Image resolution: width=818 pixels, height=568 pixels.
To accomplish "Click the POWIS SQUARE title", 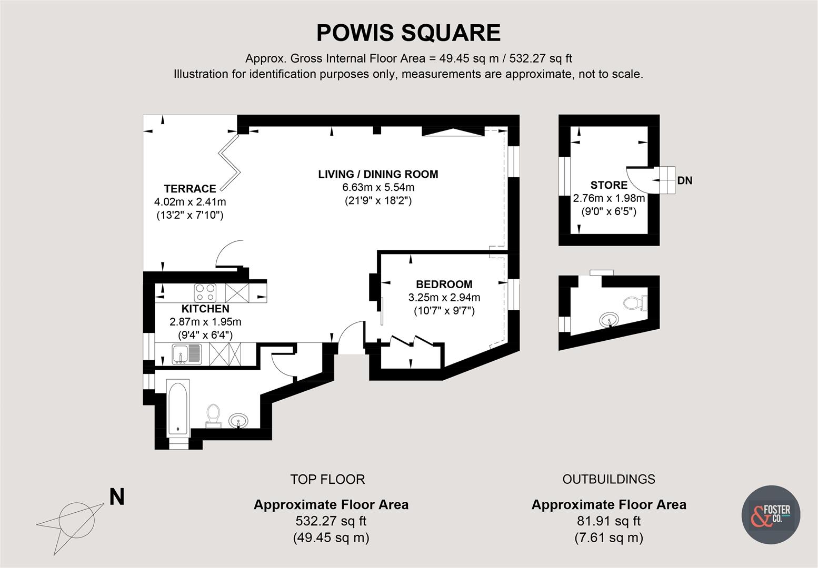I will [408, 33].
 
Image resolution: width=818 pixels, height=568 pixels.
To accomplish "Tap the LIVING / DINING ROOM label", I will [378, 174].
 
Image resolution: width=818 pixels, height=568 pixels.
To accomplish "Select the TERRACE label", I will [190, 189].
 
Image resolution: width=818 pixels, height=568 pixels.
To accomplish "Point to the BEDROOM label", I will [444, 285].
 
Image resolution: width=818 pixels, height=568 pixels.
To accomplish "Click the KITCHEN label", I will [205, 309].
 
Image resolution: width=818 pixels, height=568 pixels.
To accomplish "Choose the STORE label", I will [609, 185].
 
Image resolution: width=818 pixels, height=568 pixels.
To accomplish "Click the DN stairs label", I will [685, 181].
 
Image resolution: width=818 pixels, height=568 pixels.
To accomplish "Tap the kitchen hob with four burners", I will [205, 291].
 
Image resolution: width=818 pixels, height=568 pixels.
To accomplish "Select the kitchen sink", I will [186, 354].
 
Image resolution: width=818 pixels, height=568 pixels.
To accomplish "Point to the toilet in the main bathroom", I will [213, 413].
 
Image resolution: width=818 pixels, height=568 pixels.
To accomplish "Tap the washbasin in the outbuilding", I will [610, 319].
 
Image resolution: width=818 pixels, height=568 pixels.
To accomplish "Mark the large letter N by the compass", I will [116, 496].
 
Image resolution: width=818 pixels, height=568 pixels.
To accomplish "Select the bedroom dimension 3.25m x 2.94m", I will [444, 298].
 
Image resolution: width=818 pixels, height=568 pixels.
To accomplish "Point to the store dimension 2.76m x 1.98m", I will [609, 199].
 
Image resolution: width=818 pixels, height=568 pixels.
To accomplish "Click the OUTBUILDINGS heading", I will [608, 479].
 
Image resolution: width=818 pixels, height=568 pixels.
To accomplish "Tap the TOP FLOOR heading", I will [327, 479].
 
